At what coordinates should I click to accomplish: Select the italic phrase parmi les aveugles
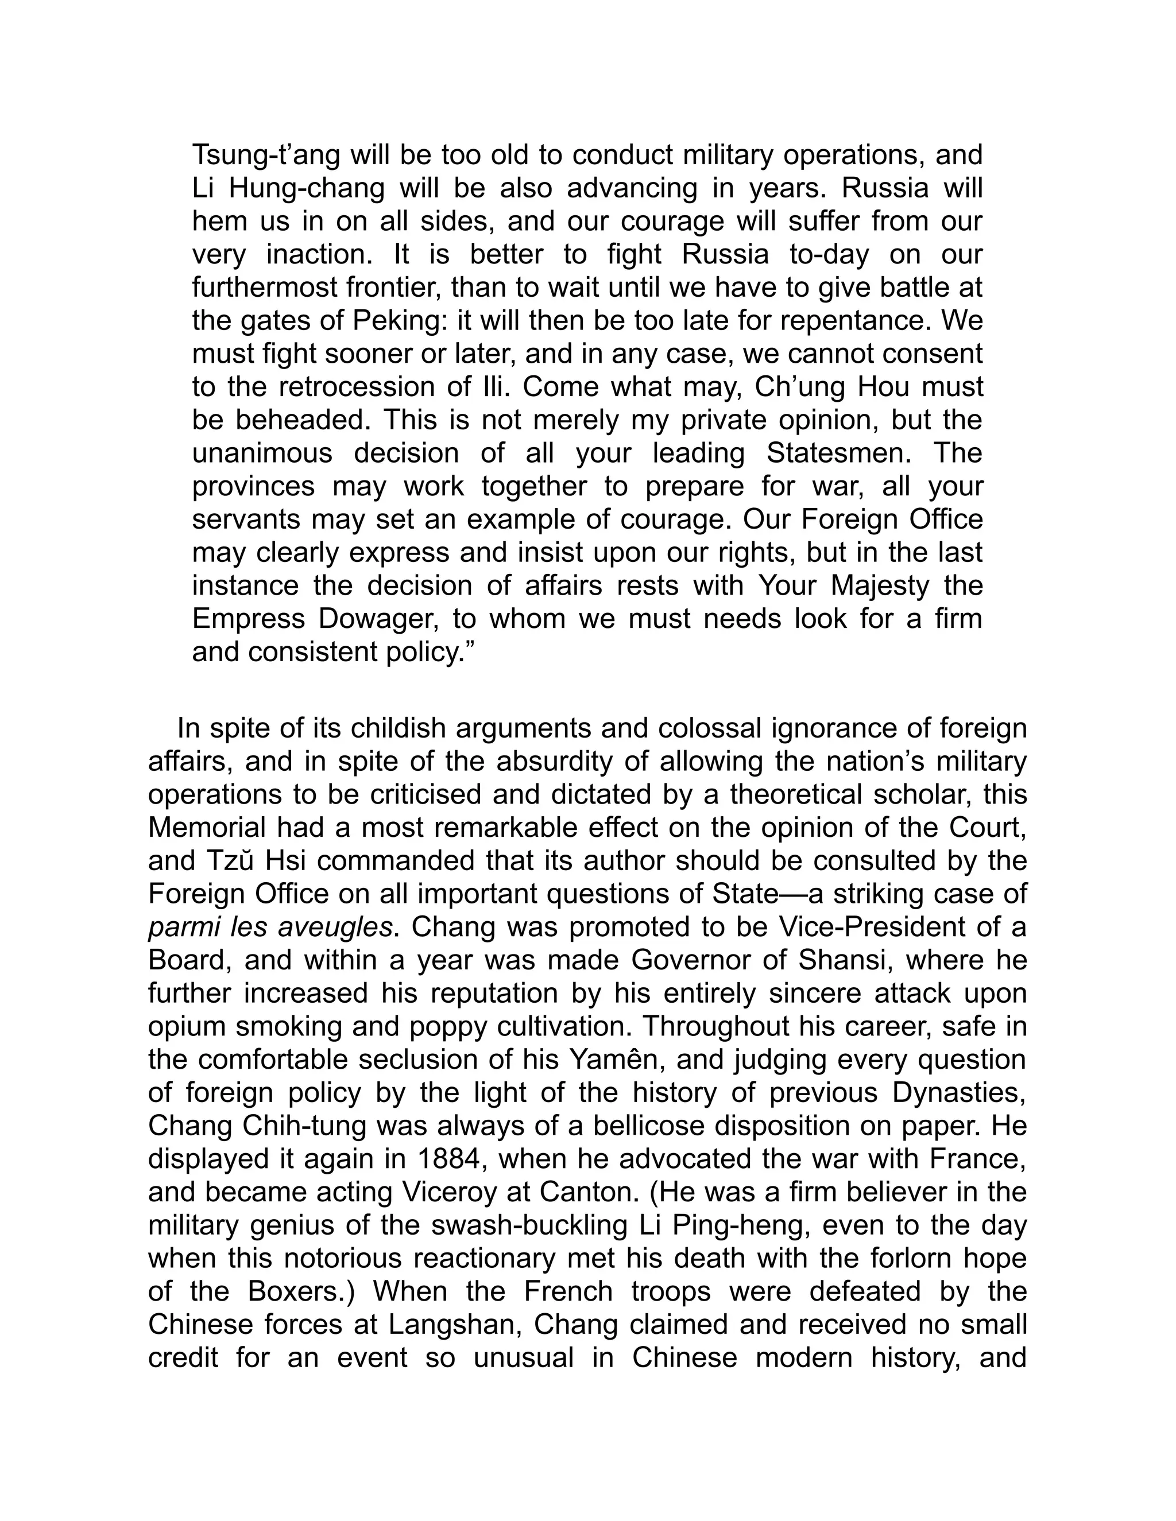click(x=270, y=928)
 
